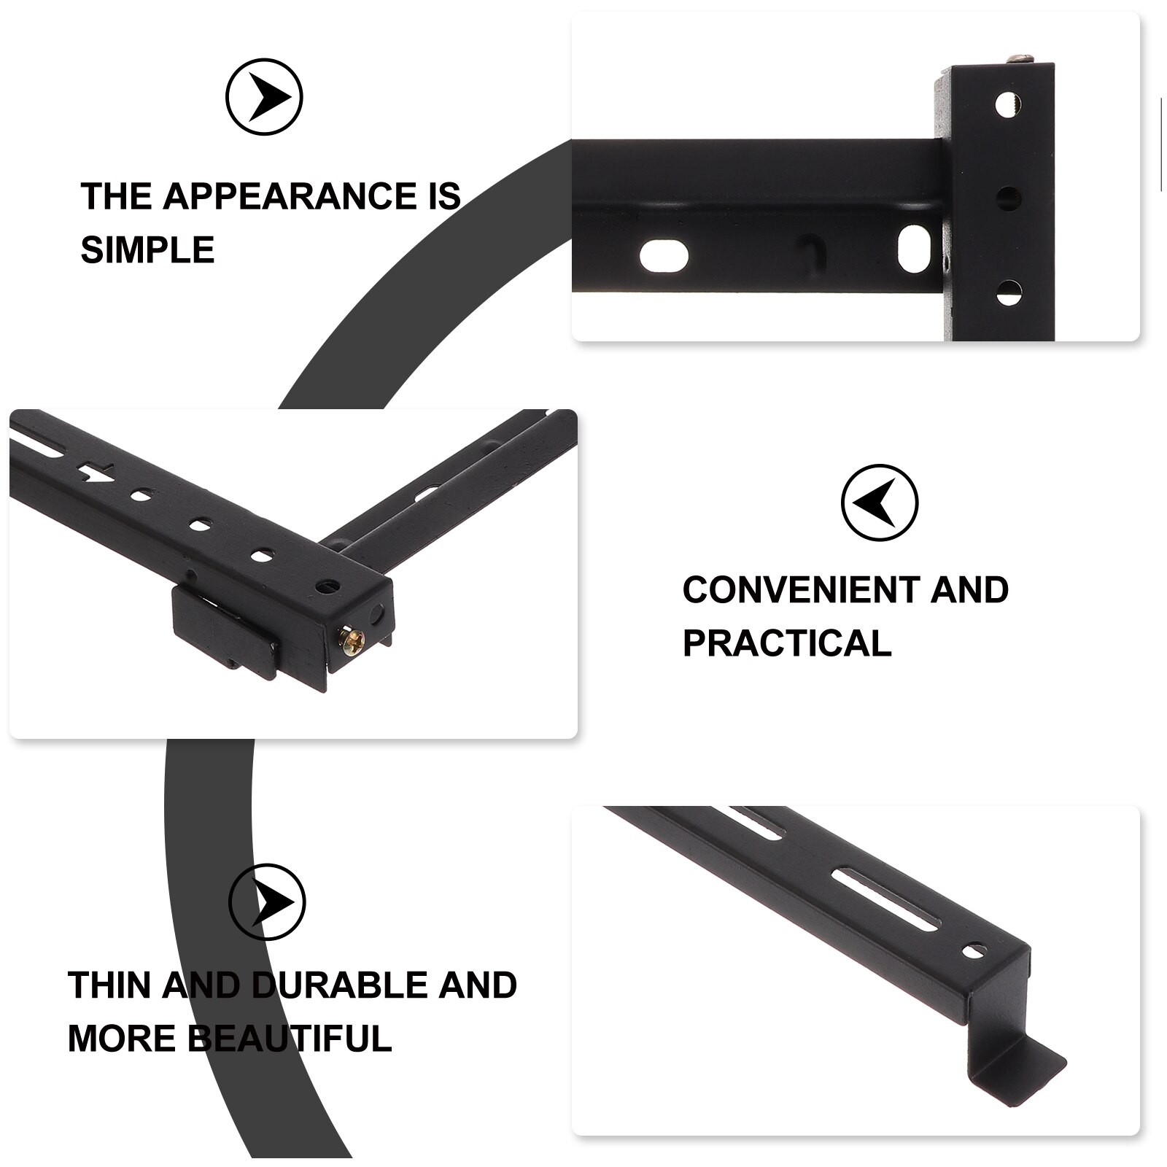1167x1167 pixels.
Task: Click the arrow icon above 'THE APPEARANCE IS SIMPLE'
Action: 264,97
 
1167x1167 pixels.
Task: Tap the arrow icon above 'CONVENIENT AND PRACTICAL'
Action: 879,503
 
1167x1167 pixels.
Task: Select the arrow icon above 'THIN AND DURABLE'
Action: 266,902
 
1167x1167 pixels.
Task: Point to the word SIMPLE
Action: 147,250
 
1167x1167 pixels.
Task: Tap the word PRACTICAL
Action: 786,643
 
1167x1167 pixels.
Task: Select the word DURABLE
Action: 340,985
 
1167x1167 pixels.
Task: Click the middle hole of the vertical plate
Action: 1007,197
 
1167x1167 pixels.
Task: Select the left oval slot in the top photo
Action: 664,255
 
